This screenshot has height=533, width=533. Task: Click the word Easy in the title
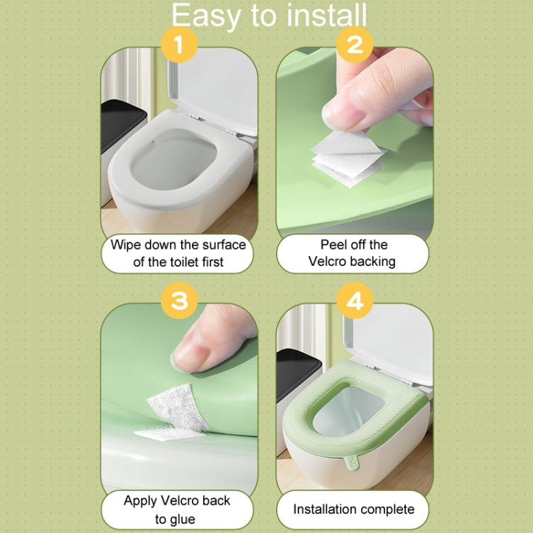tap(203, 16)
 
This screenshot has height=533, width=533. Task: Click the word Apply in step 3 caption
tap(140, 500)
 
